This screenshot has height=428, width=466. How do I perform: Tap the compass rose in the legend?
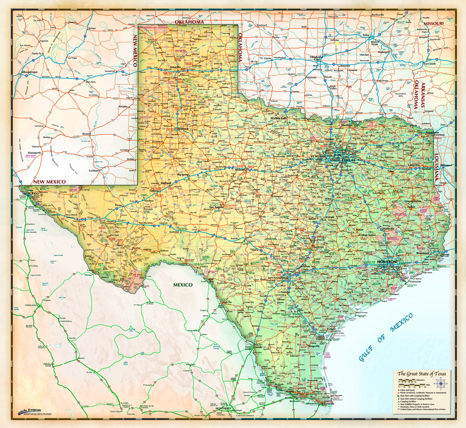pyautogui.click(x=441, y=383)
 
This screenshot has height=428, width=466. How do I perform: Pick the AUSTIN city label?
pyautogui.click(x=318, y=247)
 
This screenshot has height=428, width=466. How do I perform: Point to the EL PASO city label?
pyautogui.click(x=33, y=193)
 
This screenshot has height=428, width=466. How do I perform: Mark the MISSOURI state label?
pyautogui.click(x=433, y=24)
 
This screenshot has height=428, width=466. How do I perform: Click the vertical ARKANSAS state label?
pyautogui.click(x=423, y=95)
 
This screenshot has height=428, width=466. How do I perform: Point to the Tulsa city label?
pyautogui.click(x=366, y=35)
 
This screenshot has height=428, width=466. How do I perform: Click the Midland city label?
pyautogui.click(x=165, y=183)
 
